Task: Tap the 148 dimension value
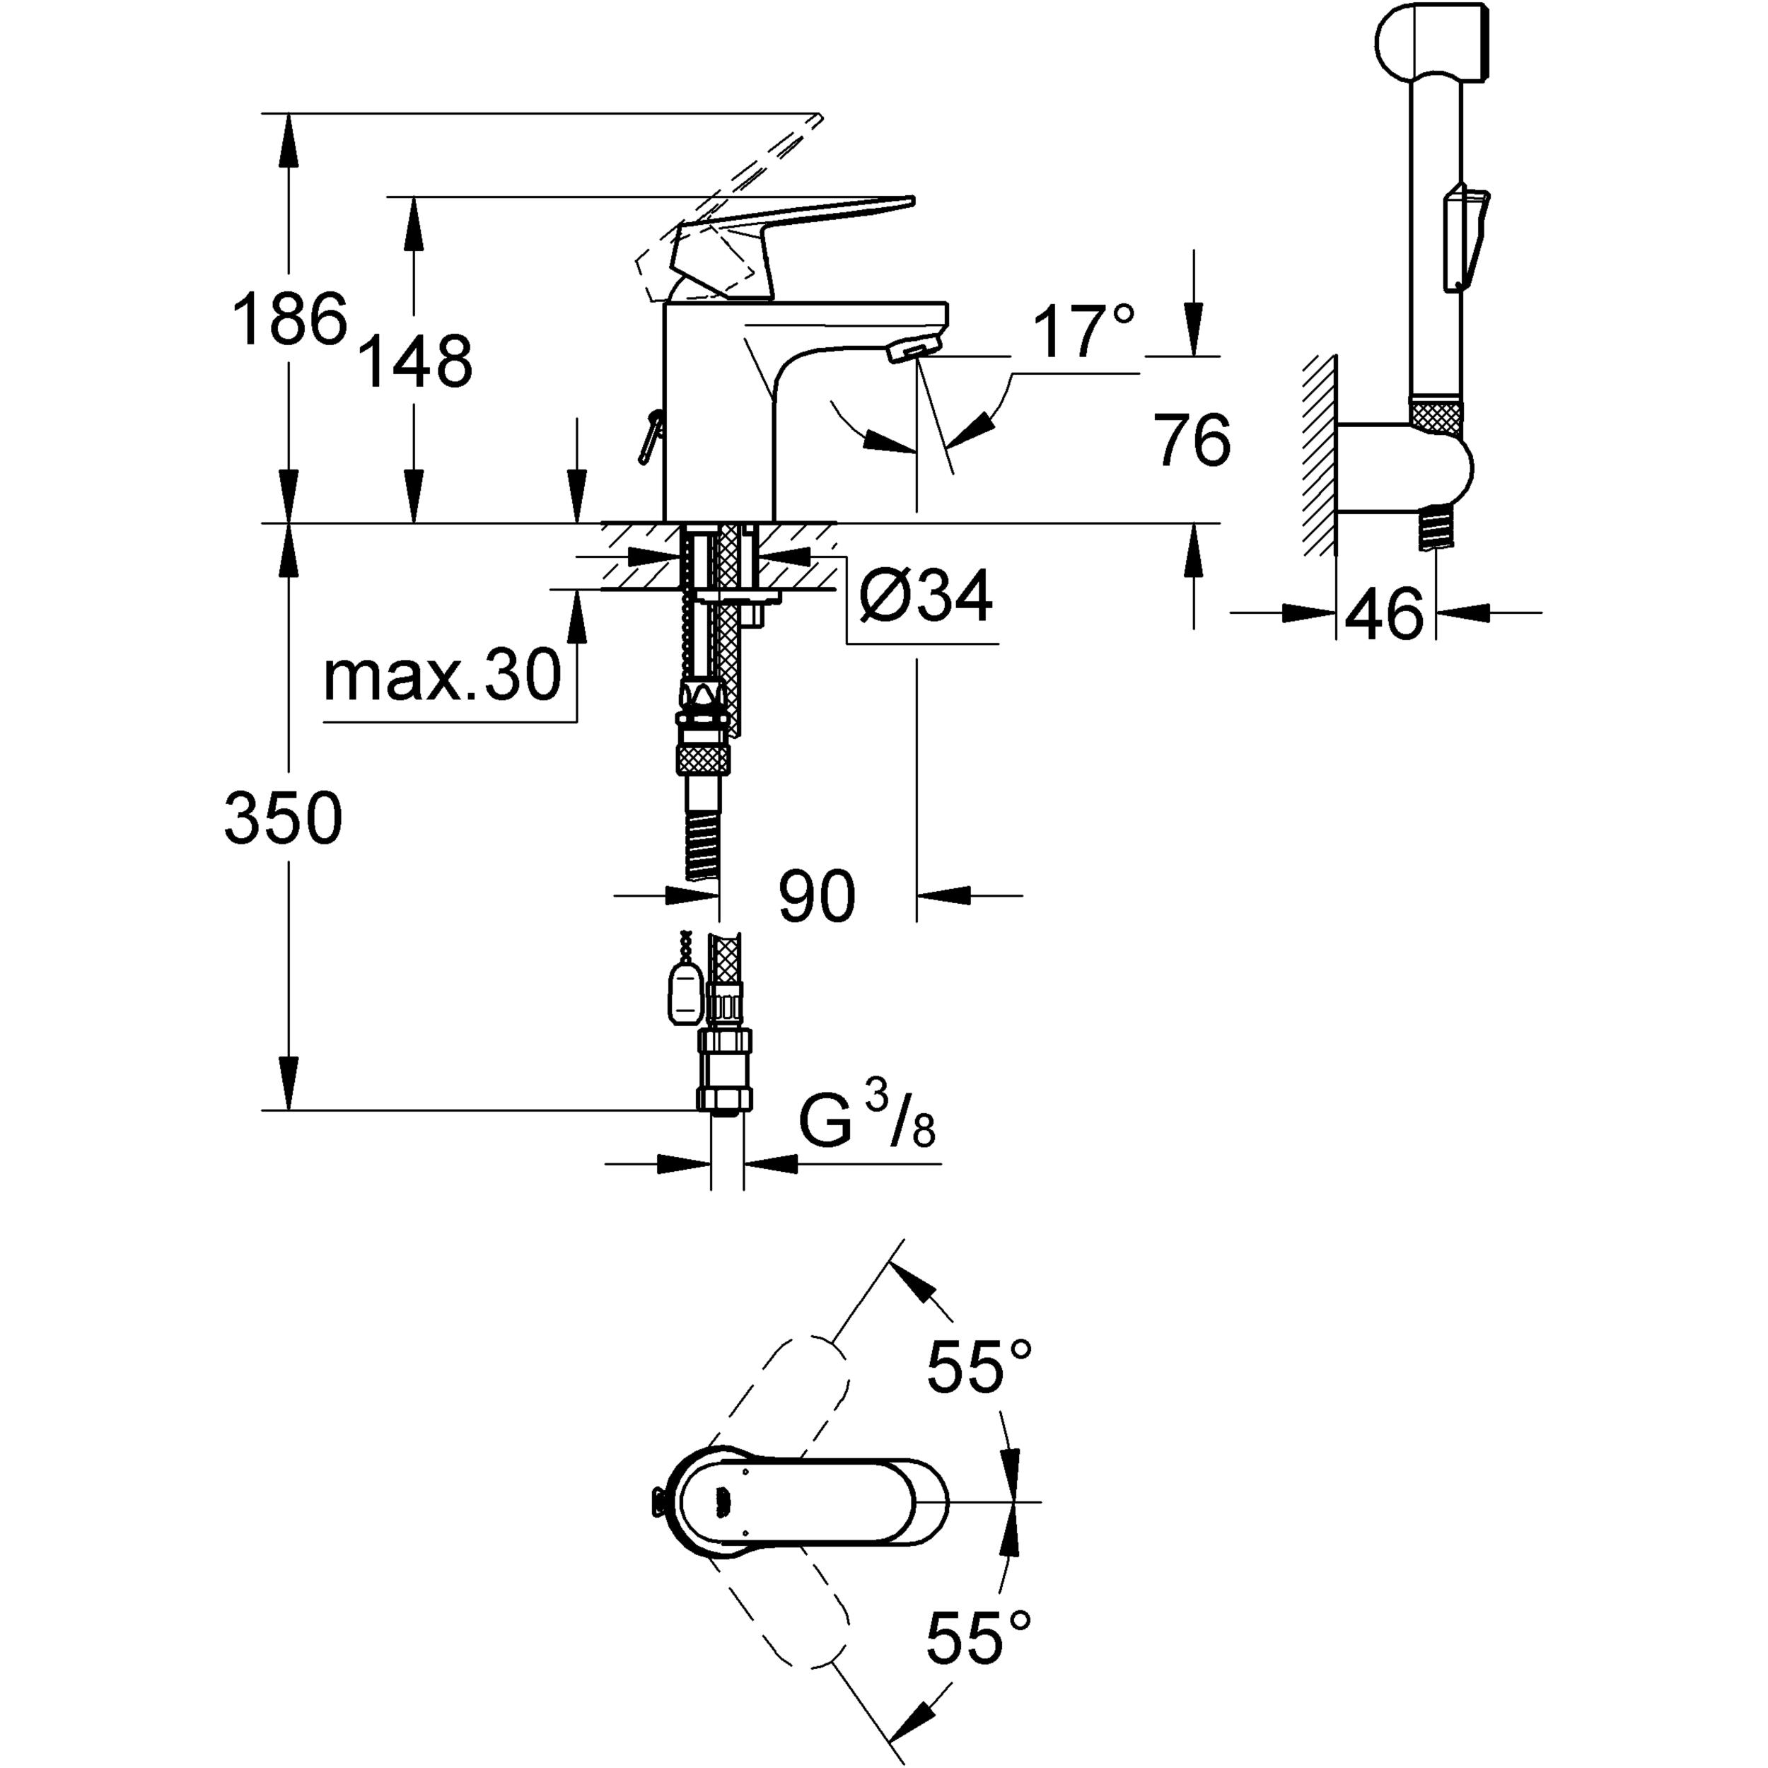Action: pos(414,361)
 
